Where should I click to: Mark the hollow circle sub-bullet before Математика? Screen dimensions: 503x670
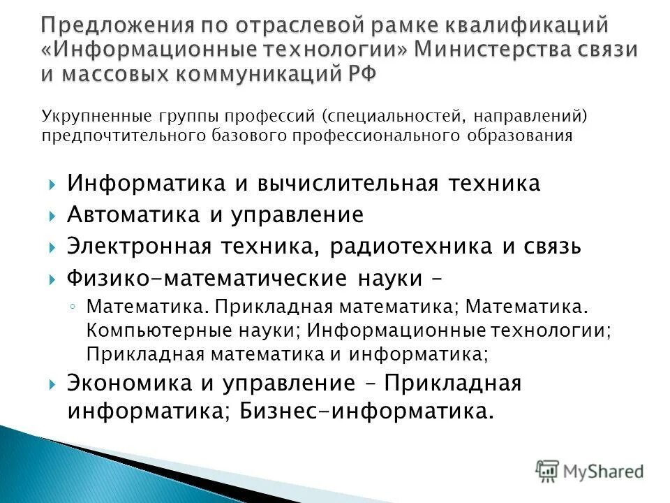pos(74,307)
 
